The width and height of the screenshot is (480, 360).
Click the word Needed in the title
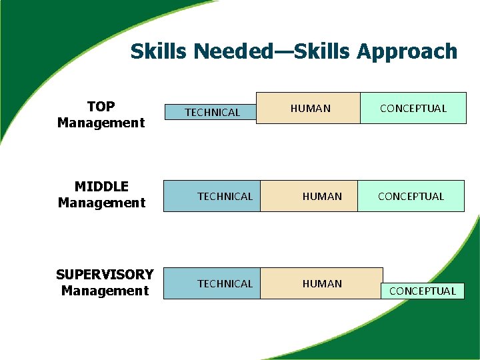[216, 51]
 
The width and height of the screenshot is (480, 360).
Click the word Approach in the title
[407, 52]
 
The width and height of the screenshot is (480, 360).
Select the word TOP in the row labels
[101, 107]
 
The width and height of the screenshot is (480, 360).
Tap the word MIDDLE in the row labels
[101, 187]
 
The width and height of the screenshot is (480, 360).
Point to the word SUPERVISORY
[105, 275]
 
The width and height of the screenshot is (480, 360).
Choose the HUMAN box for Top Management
[308, 108]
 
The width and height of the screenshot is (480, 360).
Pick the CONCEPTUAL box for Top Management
[413, 108]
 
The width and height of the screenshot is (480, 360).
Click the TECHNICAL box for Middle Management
[212, 196]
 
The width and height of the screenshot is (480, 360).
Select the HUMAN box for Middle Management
[309, 196]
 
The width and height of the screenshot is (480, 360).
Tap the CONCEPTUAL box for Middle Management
[411, 196]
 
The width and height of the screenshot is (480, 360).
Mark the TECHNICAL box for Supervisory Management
[212, 283]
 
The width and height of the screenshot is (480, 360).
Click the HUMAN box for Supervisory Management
[321, 283]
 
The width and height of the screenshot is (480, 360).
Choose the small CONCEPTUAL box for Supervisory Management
[423, 291]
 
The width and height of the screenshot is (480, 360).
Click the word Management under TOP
[101, 123]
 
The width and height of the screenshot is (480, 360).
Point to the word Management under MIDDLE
[101, 203]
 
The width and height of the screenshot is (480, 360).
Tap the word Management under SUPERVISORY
[105, 291]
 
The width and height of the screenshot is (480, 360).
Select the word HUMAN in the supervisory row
[322, 283]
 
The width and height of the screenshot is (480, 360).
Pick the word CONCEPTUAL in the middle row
[411, 196]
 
